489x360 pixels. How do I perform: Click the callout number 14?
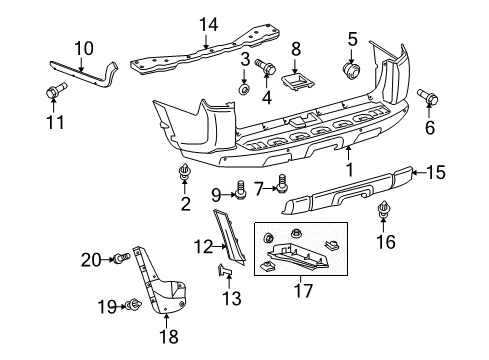point(206,26)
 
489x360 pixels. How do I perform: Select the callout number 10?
point(83,46)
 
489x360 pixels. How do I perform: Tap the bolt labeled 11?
point(53,94)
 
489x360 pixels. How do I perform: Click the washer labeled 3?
point(243,90)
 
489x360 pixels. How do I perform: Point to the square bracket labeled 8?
point(296,78)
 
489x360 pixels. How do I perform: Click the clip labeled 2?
point(184,177)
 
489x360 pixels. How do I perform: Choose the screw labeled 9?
point(239,188)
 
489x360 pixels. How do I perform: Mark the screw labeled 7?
point(282,184)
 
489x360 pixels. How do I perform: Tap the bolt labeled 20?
point(122,258)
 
